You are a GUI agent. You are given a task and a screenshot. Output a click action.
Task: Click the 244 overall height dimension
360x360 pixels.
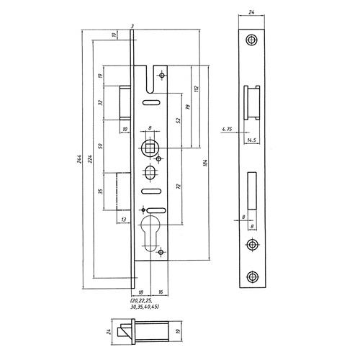point(79,159)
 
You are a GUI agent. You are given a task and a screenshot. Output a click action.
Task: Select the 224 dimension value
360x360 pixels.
point(89,159)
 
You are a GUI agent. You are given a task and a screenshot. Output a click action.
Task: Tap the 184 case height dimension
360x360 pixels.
point(205,163)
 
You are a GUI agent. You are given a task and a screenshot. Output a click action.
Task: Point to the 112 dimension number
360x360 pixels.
point(197,89)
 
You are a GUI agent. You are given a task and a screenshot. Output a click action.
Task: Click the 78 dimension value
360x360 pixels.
point(188,107)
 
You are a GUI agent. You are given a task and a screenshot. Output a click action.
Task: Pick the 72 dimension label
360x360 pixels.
point(178,186)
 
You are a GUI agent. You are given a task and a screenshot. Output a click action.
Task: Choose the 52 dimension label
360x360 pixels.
point(178,120)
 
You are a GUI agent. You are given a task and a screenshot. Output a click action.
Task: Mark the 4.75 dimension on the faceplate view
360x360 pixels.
point(227,129)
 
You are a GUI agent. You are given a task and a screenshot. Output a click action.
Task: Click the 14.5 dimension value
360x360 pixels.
point(251,140)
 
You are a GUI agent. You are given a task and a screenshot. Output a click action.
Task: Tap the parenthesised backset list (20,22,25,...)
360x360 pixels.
point(145,304)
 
